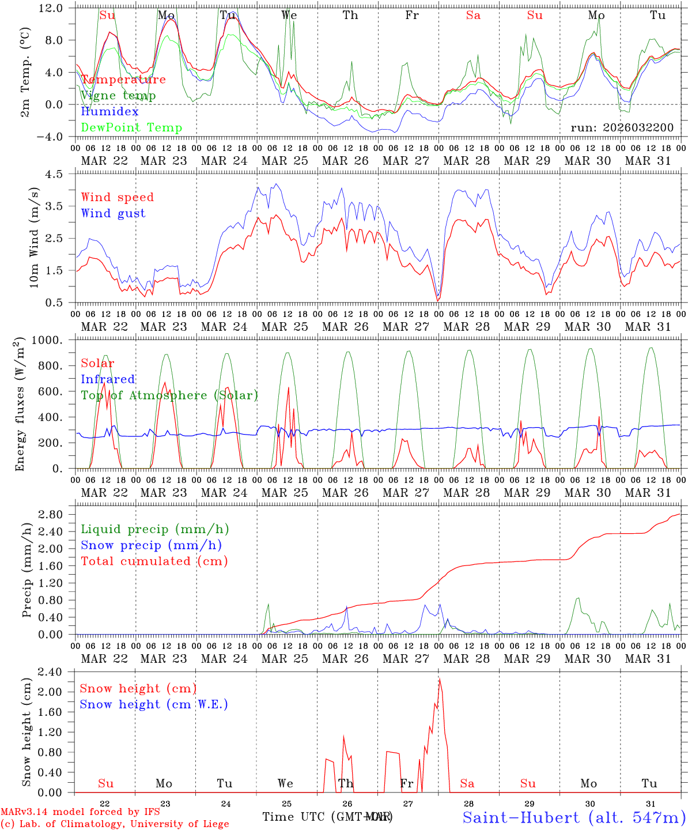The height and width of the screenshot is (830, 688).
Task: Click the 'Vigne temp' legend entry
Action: point(118,96)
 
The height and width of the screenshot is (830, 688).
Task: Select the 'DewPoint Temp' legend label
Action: point(131,128)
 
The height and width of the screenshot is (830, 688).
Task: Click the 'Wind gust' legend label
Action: point(113,213)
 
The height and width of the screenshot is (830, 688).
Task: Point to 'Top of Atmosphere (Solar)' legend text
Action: point(169,395)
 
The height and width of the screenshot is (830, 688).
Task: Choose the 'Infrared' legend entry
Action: point(108,379)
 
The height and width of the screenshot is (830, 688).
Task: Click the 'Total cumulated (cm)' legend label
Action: point(154,561)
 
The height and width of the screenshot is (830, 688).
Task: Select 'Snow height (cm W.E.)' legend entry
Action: point(153,704)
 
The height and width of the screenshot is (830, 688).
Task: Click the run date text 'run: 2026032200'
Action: point(622,128)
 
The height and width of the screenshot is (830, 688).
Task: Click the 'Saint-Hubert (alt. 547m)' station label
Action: point(573,817)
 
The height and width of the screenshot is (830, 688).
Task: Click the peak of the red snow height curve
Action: point(440,680)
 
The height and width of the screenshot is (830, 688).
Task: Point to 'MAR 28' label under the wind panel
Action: point(466,327)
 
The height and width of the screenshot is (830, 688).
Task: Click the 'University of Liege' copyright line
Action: point(115,824)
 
